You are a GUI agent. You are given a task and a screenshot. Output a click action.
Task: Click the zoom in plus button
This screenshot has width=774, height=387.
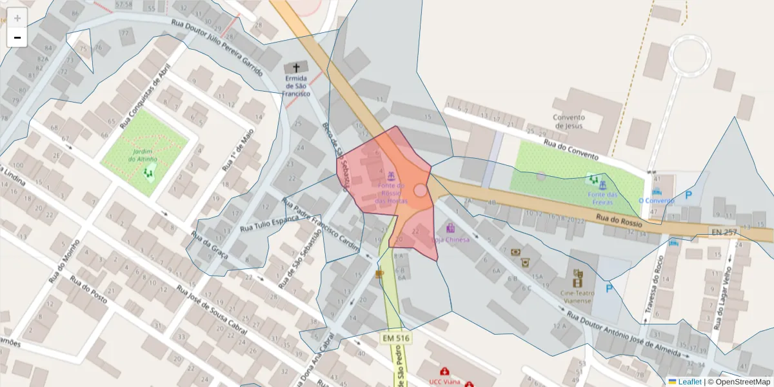[17, 18]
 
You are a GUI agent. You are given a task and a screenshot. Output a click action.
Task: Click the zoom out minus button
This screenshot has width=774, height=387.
[17, 37]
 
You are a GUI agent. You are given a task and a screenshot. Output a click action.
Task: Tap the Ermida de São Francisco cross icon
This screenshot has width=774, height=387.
[296, 67]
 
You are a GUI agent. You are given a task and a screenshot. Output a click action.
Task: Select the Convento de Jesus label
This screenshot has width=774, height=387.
[568, 121]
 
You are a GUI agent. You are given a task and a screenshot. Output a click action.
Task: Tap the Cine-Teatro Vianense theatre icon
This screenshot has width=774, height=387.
[578, 278]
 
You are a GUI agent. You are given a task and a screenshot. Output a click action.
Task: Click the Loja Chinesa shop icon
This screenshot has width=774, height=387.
[450, 228]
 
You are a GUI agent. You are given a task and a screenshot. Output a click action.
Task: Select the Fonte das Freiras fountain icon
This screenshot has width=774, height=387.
[602, 185]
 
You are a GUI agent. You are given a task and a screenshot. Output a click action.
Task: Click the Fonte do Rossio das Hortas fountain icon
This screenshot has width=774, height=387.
[391, 175]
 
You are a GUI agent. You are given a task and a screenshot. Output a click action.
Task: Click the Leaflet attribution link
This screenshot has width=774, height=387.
[689, 382]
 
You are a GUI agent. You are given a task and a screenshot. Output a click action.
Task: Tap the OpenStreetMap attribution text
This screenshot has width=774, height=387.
[742, 382]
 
